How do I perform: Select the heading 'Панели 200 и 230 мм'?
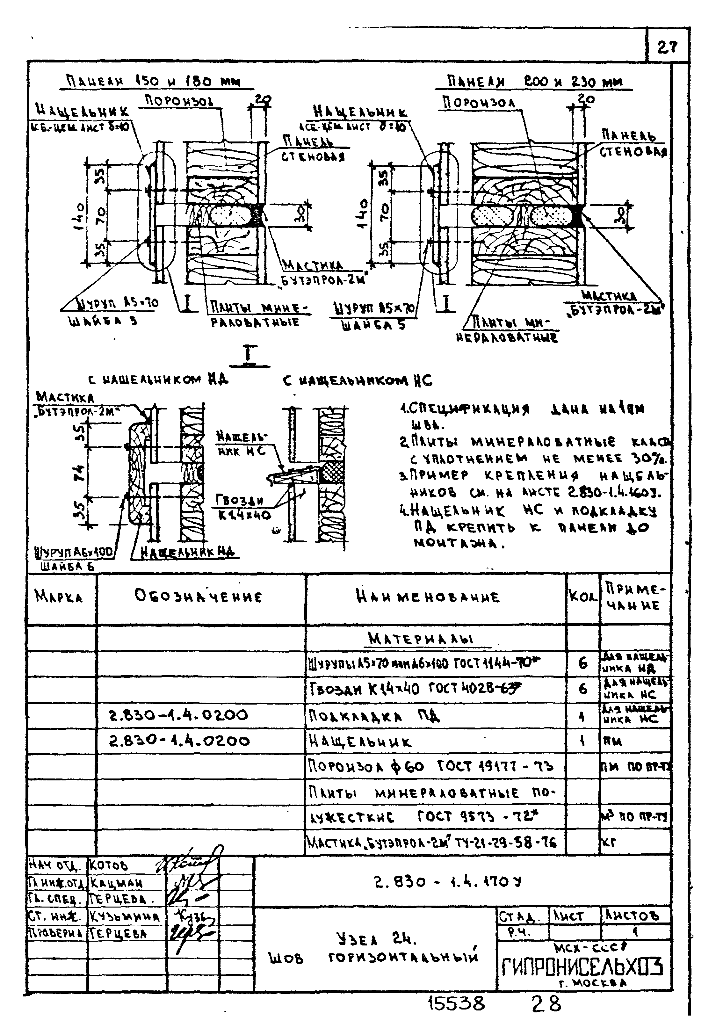coord(533,82)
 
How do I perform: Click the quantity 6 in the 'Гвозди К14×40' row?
coord(582,689)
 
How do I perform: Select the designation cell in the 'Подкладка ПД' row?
coord(178,715)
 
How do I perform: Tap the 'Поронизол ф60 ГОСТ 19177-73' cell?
coord(431,766)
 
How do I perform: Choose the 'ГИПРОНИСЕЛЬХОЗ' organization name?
coord(582,967)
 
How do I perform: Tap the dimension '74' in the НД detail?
coord(80,473)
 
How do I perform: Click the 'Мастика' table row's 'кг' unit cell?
coord(609,843)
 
